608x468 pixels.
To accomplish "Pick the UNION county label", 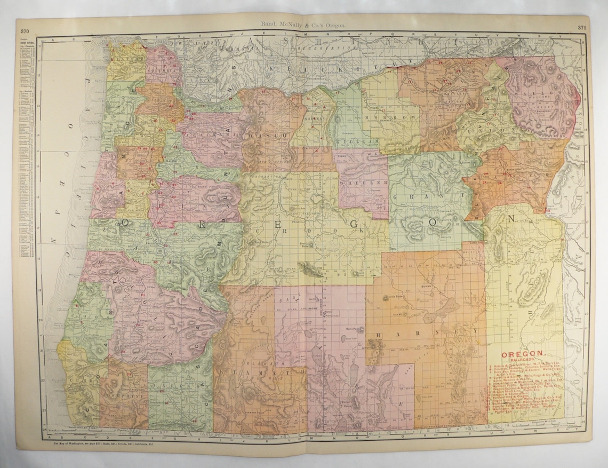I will tap(498, 130).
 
